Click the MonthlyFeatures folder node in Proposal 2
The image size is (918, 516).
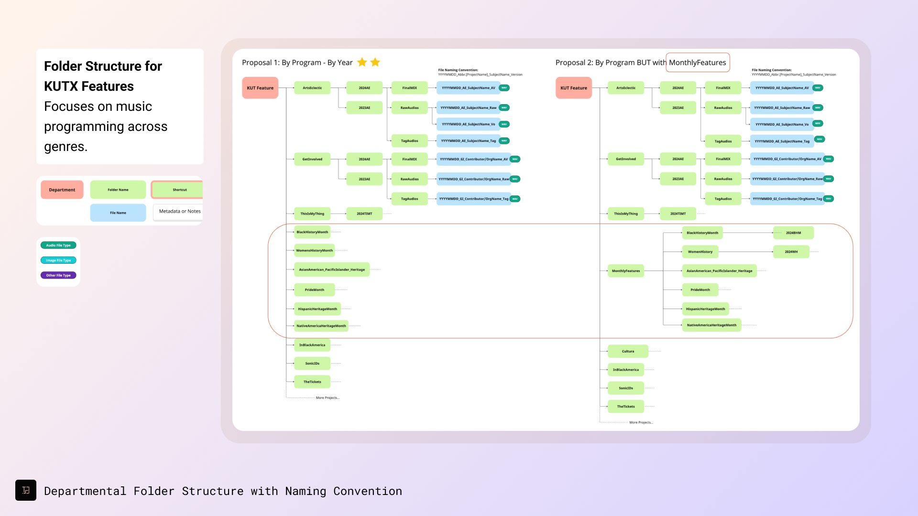click(626, 271)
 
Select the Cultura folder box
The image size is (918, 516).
click(628, 351)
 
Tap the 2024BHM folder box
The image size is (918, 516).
click(793, 233)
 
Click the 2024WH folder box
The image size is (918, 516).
click(791, 252)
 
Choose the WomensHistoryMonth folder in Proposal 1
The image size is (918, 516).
click(314, 250)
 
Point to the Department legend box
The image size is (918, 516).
click(62, 190)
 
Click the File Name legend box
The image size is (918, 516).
click(118, 213)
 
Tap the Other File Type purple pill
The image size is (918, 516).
click(58, 275)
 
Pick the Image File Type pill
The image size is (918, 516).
click(58, 260)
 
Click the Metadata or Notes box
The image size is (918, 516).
click(179, 211)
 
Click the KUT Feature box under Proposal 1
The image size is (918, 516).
click(260, 88)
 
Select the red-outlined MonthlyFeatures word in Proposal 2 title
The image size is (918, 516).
click(697, 63)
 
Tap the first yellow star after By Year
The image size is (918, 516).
click(362, 62)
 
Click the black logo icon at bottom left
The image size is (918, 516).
click(26, 490)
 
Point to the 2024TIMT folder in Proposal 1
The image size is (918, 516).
click(364, 214)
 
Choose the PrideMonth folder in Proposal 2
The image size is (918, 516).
click(700, 290)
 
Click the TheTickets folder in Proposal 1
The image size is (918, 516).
click(312, 382)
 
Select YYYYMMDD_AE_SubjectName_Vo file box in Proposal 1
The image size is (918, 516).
click(468, 124)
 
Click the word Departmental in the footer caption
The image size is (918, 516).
click(85, 491)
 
